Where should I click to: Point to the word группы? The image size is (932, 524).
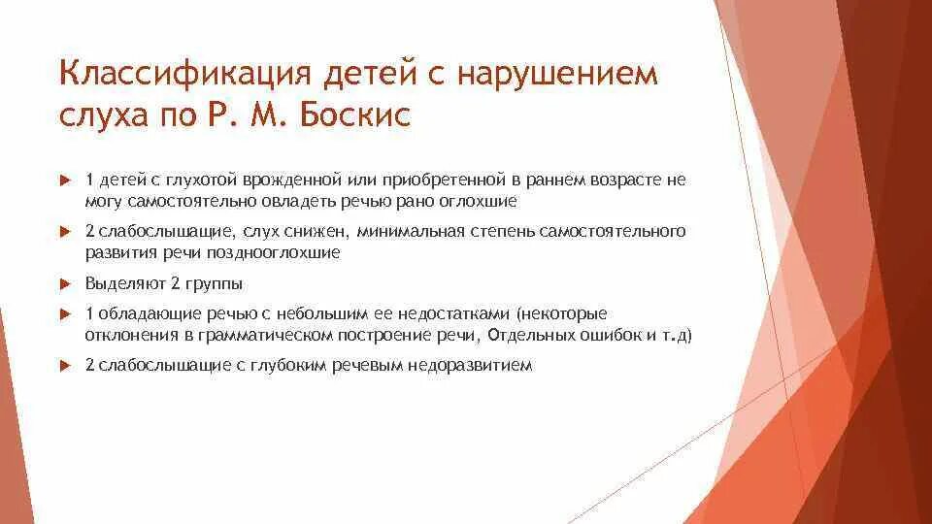coord(218,284)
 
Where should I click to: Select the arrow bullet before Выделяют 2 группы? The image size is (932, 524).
coord(66,284)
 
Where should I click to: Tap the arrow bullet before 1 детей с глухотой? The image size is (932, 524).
coord(66,181)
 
